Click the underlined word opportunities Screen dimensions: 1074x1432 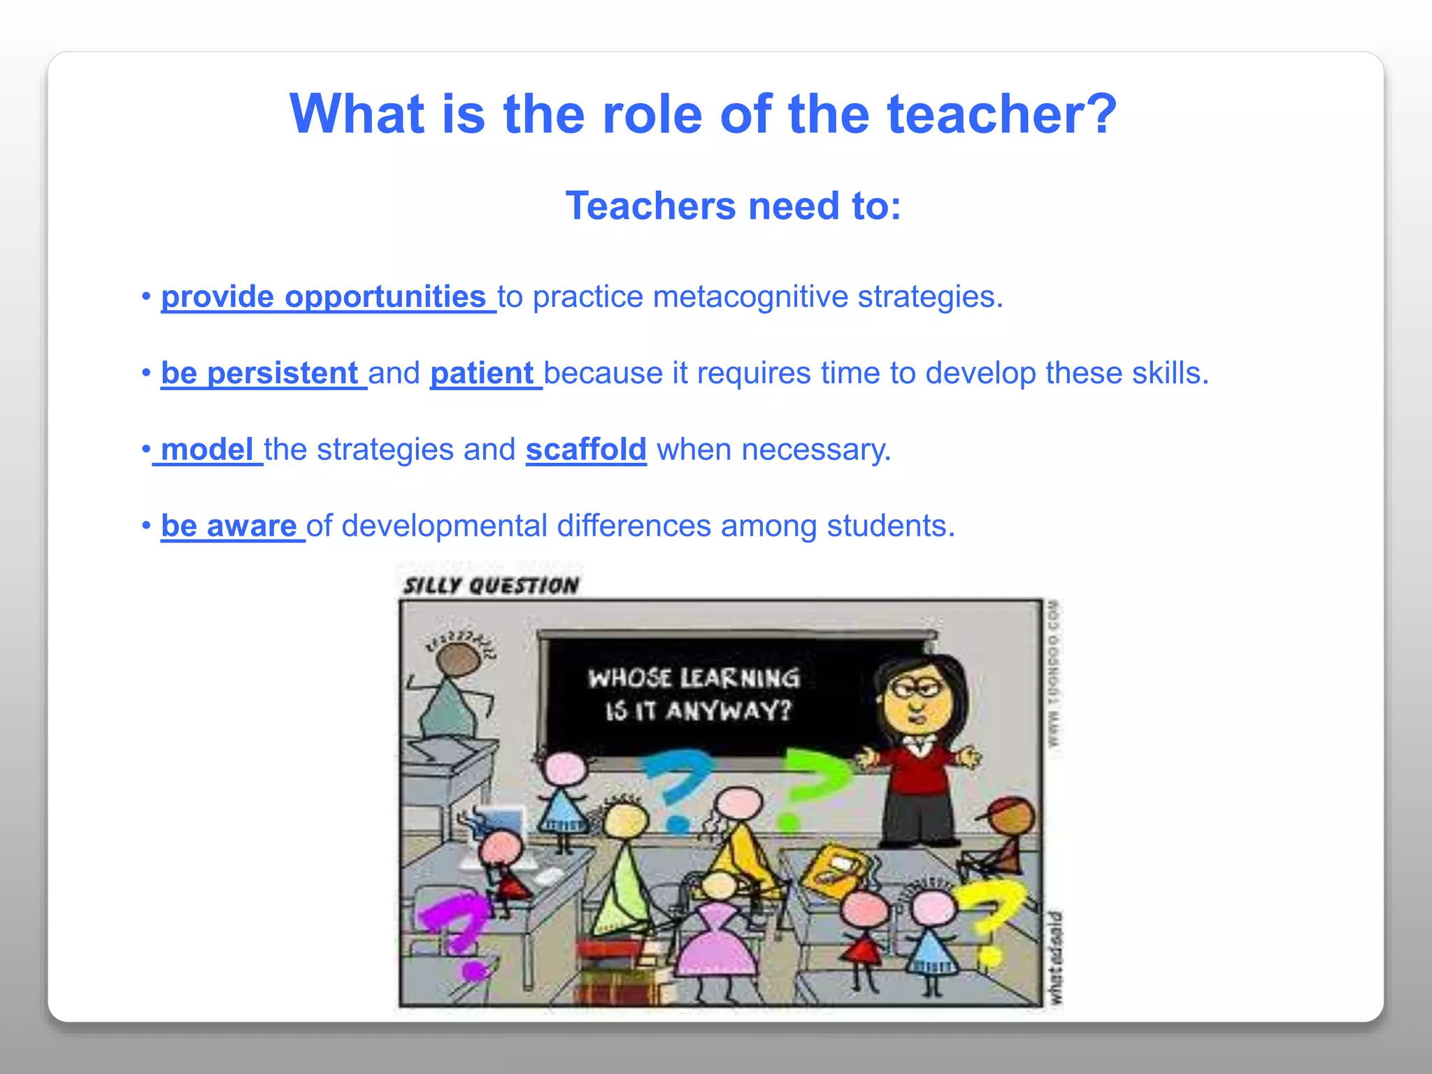[x=385, y=297]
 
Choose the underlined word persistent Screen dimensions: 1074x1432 [x=282, y=373]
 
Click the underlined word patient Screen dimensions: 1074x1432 [x=482, y=373]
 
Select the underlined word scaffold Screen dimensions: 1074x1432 [x=585, y=450]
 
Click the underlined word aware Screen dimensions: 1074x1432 [x=252, y=526]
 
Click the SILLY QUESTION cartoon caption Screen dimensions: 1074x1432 [x=491, y=585]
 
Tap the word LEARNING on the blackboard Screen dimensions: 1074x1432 [x=740, y=678]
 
